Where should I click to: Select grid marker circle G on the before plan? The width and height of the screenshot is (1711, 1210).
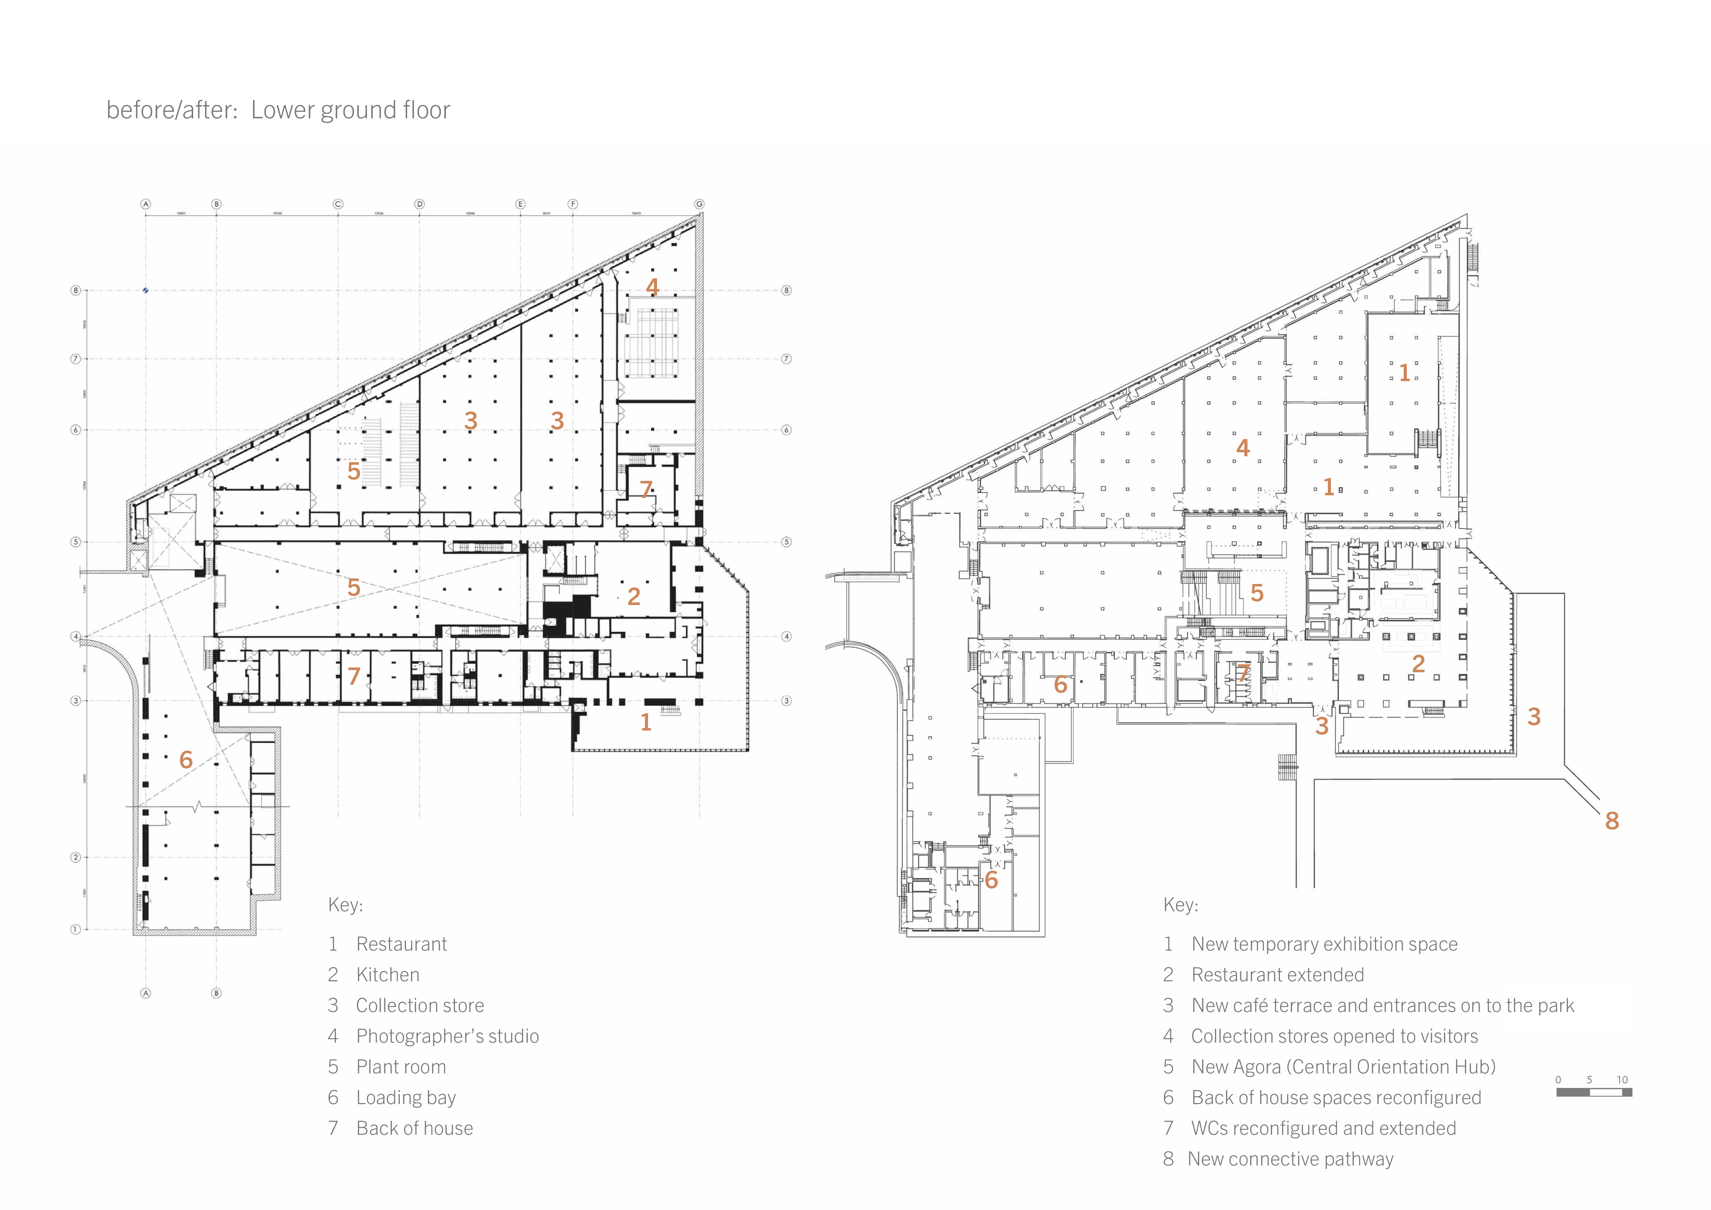click(x=699, y=204)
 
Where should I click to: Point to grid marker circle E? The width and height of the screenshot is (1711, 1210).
click(x=520, y=204)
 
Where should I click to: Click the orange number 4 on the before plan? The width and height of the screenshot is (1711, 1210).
click(x=652, y=287)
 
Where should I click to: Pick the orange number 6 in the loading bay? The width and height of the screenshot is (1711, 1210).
click(x=186, y=760)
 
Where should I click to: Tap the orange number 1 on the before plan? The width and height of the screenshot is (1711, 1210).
click(x=645, y=722)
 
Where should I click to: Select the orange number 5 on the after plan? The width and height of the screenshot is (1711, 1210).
click(x=1256, y=593)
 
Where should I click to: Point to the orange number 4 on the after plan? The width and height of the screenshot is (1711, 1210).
click(x=1242, y=448)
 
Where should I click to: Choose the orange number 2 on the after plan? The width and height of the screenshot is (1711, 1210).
click(x=1418, y=663)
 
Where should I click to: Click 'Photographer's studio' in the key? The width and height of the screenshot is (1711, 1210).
click(x=447, y=1037)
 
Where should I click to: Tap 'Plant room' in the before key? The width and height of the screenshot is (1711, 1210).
click(x=401, y=1067)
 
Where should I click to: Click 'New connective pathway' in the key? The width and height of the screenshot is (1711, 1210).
click(x=1290, y=1159)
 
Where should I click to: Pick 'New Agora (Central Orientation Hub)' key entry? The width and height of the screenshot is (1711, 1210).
click(x=1343, y=1067)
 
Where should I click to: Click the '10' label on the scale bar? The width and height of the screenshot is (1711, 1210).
click(x=1622, y=1080)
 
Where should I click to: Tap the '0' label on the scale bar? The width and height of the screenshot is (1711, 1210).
click(x=1558, y=1080)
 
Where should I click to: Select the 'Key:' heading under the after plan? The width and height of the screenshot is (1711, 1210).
click(x=1181, y=905)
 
